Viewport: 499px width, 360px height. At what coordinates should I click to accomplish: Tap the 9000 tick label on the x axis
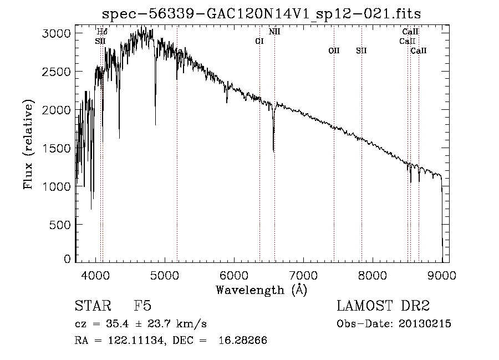click(x=442, y=273)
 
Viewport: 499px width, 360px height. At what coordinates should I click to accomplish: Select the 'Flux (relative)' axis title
click(x=28, y=145)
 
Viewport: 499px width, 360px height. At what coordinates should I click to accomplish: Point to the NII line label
click(x=274, y=32)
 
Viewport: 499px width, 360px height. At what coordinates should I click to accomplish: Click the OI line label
click(x=259, y=41)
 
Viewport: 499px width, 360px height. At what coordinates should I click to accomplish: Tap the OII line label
click(x=334, y=50)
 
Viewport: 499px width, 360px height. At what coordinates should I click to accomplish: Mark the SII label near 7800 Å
click(x=361, y=50)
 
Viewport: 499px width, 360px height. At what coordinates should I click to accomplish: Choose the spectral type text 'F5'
click(x=142, y=306)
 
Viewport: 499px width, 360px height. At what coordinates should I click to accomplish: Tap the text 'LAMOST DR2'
click(x=383, y=306)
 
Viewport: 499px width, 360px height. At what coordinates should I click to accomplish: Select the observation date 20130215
click(x=425, y=323)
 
